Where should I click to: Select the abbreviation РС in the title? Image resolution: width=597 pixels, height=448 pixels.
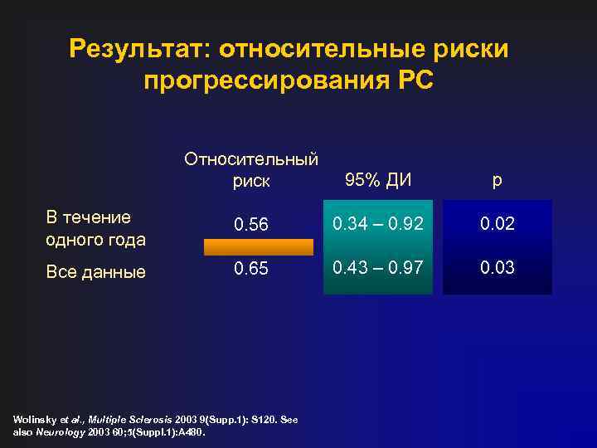click(415, 81)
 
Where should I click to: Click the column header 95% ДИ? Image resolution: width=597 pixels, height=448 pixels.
click(377, 180)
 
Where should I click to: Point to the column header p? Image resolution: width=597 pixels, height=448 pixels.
click(496, 180)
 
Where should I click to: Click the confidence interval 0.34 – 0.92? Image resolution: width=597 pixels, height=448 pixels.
click(377, 224)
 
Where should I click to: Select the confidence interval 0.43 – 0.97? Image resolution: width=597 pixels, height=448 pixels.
click(377, 268)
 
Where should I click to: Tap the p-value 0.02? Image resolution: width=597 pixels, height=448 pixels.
click(497, 224)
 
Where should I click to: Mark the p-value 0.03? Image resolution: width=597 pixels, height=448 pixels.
click(497, 268)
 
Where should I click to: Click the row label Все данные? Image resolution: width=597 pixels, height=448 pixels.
click(96, 271)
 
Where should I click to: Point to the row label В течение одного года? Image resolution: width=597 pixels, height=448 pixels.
click(96, 228)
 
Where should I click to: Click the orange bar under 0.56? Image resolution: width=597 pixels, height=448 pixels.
click(259, 246)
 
